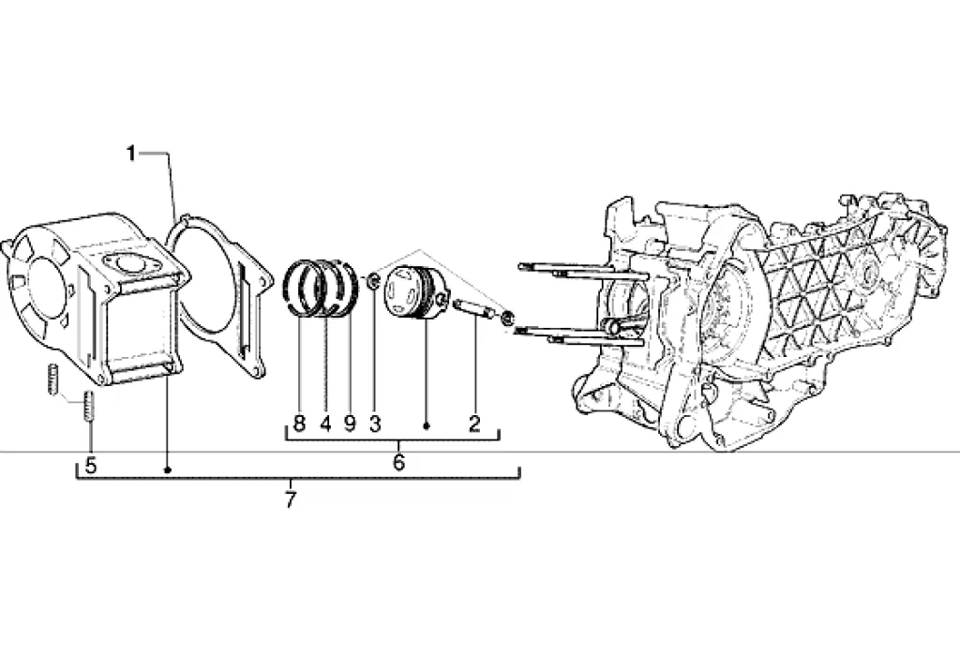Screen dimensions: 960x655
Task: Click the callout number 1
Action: tap(130, 153)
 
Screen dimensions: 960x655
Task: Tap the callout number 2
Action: tap(474, 424)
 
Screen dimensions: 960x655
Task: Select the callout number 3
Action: tap(375, 424)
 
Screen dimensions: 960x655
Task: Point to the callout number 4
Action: tap(325, 424)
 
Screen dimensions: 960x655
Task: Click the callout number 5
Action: tap(91, 466)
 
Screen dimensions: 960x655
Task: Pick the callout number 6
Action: tap(398, 462)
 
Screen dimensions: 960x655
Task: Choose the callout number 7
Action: tap(291, 499)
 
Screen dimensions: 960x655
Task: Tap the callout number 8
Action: tap(299, 424)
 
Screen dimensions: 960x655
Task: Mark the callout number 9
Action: tap(350, 424)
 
